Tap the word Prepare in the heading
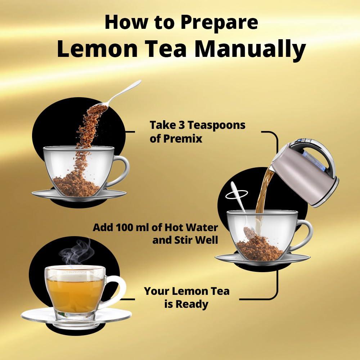[x=219, y=22]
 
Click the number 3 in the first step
[x=182, y=125]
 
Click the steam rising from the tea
[x=77, y=252]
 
